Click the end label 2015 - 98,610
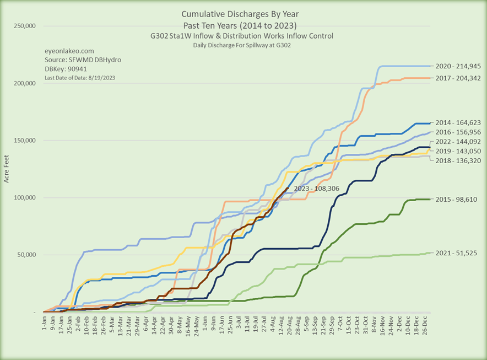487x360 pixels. (x=457, y=199)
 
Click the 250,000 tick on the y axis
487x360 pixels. (x=24, y=26)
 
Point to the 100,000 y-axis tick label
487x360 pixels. (x=24, y=198)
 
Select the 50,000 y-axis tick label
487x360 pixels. (x=25, y=255)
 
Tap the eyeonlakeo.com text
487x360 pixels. (x=69, y=50)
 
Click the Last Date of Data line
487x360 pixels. (x=80, y=78)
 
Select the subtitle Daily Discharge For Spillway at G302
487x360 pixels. (x=242, y=45)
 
